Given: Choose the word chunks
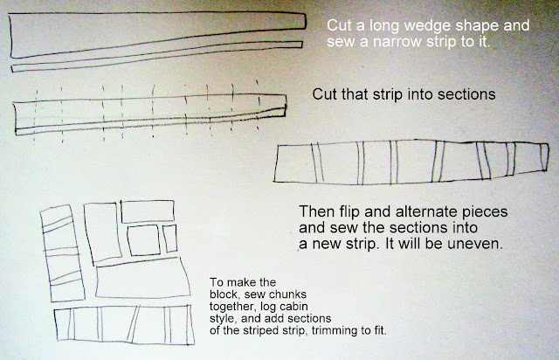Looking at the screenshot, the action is tap(287, 294).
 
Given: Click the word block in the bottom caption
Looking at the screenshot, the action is tap(220, 294).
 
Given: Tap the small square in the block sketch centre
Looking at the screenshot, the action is tap(143, 240).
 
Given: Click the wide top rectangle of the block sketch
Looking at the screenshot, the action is tap(148, 211).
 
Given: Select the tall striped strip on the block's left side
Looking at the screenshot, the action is tap(62, 253).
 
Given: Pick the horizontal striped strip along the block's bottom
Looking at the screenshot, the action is tap(124, 324).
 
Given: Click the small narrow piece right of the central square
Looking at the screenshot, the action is tap(169, 239).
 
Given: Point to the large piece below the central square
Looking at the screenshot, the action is tap(142, 278).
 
